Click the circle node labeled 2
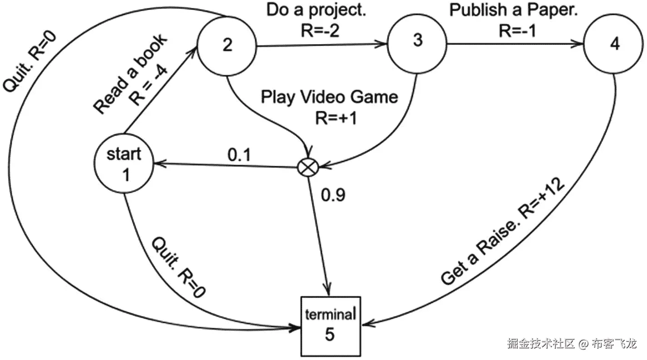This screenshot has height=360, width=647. coord(227,44)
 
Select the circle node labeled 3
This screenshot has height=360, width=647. coord(417,41)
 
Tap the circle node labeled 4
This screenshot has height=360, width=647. coord(614,44)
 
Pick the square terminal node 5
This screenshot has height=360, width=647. coord(330,326)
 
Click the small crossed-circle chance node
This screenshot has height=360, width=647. coord(307,168)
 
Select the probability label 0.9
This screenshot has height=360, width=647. coord(333,195)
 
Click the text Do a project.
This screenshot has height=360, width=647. coord(316,10)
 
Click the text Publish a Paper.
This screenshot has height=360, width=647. coord(513,10)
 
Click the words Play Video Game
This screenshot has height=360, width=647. coord(329,97)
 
